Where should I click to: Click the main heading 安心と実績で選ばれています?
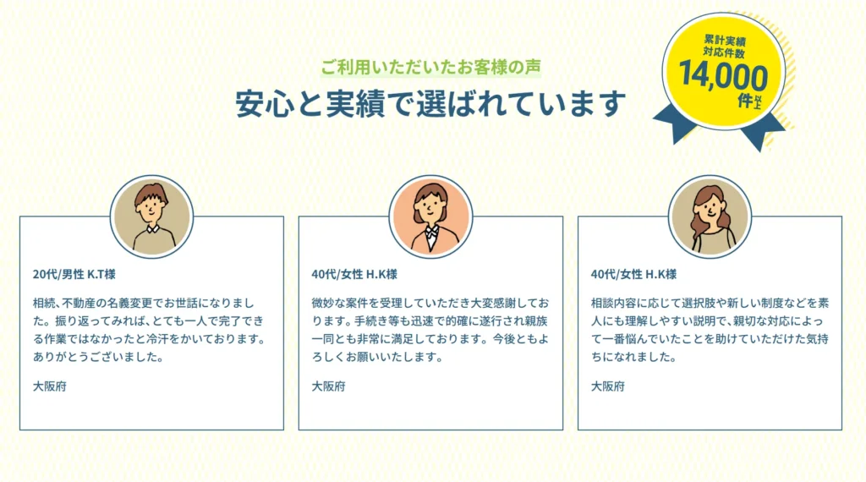click(430, 103)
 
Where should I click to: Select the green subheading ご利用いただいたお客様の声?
click(430, 68)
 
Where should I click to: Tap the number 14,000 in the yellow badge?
click(723, 75)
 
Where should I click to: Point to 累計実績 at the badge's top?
click(725, 41)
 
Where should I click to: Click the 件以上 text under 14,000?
click(750, 101)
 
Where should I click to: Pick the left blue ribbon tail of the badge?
click(675, 123)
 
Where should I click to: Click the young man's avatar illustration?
click(152, 217)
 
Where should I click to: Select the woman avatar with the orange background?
click(430, 217)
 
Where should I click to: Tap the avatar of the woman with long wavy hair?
click(710, 217)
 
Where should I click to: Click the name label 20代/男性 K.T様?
click(74, 275)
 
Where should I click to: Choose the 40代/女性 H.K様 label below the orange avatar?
click(354, 275)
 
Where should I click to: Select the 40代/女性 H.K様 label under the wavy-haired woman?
click(633, 275)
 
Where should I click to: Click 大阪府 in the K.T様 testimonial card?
click(50, 386)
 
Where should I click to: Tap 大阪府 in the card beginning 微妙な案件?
click(329, 386)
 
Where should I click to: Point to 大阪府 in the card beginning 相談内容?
click(608, 386)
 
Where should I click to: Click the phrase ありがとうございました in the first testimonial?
click(94, 357)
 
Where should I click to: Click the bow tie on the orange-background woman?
click(431, 232)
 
